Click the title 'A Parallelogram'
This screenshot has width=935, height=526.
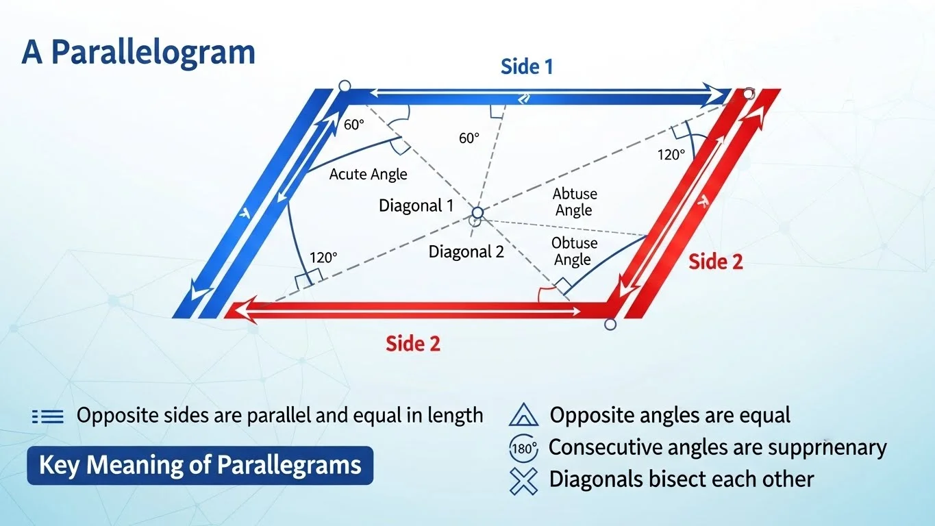point(138,53)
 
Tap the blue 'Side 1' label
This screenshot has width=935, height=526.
point(526,66)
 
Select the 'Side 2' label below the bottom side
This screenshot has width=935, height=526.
point(412,343)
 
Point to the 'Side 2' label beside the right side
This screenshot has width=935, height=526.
point(715,262)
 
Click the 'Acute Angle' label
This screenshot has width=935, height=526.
point(368,174)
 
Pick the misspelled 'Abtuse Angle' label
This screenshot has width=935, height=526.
point(574,202)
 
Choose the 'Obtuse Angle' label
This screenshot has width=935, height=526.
point(574,251)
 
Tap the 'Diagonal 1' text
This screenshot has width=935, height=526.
point(416,205)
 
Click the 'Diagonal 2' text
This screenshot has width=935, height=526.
point(466,251)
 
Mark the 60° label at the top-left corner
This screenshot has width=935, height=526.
point(354,125)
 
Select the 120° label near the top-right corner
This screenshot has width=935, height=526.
point(671,155)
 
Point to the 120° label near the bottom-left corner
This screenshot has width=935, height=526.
point(323,258)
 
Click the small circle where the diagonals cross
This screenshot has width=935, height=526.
point(477,213)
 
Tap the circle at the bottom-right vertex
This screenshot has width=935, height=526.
point(611,324)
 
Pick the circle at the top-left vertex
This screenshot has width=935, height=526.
point(345,86)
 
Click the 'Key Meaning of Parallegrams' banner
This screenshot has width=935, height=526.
point(200,466)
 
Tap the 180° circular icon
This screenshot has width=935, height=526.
point(524,449)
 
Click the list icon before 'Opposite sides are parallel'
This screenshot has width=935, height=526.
point(48,416)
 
